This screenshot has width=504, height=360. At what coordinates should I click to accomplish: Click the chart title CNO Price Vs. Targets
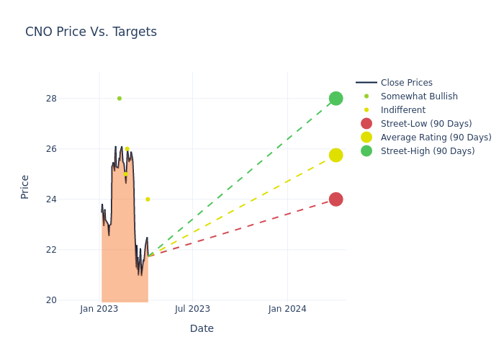click(x=91, y=32)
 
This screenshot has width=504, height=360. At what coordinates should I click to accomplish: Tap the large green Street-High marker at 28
click(x=336, y=99)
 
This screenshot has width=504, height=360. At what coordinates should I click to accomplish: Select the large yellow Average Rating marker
click(x=336, y=155)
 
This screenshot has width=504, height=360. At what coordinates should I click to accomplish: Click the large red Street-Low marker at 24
click(x=336, y=199)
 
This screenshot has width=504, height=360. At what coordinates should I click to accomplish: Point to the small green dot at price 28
click(x=120, y=99)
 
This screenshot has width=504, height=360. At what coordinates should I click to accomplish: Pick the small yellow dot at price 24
click(x=148, y=199)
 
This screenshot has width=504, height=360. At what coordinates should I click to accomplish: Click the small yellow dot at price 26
click(x=127, y=149)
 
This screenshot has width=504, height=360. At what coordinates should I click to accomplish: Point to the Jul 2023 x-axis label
click(x=193, y=309)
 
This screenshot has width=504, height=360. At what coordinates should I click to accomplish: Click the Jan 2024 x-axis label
click(x=287, y=309)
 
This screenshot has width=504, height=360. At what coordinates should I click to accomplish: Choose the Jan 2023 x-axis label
click(x=99, y=309)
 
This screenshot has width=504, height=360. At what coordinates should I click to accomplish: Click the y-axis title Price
click(x=25, y=186)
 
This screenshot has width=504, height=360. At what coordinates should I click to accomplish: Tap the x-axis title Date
click(x=202, y=328)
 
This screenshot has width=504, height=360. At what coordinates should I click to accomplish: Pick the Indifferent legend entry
click(x=402, y=110)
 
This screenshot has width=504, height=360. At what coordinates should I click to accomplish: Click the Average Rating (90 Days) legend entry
click(x=436, y=138)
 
